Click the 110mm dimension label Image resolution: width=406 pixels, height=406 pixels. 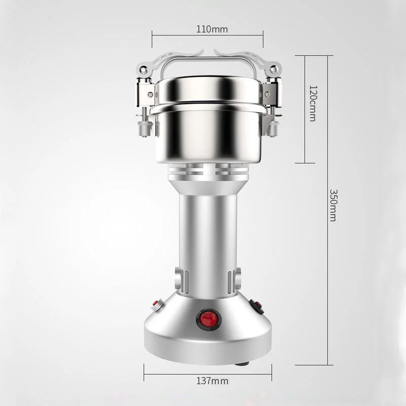click(212, 29)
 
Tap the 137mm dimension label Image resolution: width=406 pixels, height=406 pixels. click(212, 381)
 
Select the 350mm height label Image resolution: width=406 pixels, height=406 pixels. click(333, 206)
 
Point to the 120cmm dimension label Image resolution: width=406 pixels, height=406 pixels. click(313, 104)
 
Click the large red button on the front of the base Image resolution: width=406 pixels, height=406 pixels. click(209, 319)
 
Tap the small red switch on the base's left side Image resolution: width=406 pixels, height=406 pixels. click(157, 303)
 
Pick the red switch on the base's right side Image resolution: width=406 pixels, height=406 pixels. click(257, 307)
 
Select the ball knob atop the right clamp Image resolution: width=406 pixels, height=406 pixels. click(273, 70)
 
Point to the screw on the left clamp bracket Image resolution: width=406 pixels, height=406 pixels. click(150, 95)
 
